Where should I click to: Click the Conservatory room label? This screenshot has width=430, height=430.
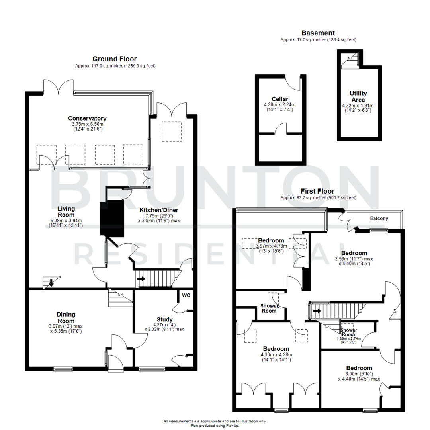point(87,118)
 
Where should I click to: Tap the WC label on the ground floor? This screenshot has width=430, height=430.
point(186,295)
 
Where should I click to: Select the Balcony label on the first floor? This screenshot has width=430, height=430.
point(379,219)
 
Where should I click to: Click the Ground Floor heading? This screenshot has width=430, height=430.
point(115,58)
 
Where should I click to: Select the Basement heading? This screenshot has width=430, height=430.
point(318,33)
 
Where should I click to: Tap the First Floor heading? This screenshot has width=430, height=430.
point(318,191)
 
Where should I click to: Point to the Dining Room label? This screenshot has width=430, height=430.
point(66,317)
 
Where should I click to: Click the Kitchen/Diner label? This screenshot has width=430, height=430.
point(158,210)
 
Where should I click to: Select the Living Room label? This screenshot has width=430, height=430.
point(66,211)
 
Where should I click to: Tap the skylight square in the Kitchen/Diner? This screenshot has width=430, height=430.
point(172,131)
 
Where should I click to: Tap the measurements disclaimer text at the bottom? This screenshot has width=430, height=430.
point(215,421)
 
